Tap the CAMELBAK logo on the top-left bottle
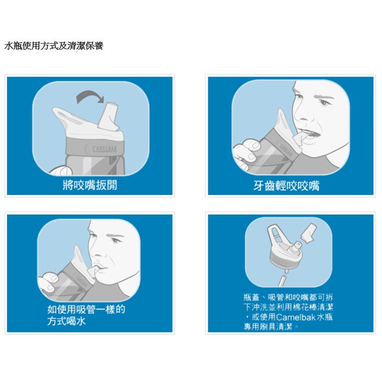105,148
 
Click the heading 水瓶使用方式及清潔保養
54,46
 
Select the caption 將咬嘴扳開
90,185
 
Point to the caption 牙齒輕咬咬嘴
286,186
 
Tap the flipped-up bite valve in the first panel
109,116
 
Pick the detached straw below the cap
282,280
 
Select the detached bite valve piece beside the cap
309,233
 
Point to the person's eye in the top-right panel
324,103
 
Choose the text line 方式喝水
66,321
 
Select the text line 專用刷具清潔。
271,327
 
